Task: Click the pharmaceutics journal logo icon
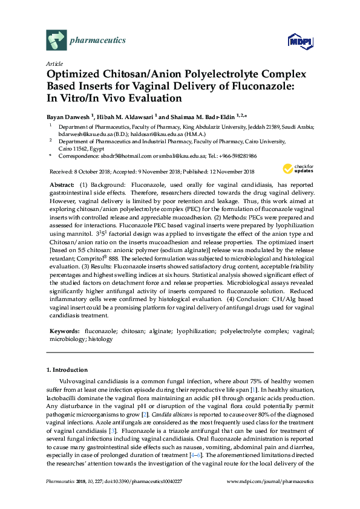point(56,41)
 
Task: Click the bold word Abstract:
point(61,184)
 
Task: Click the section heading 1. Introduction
point(67,369)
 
